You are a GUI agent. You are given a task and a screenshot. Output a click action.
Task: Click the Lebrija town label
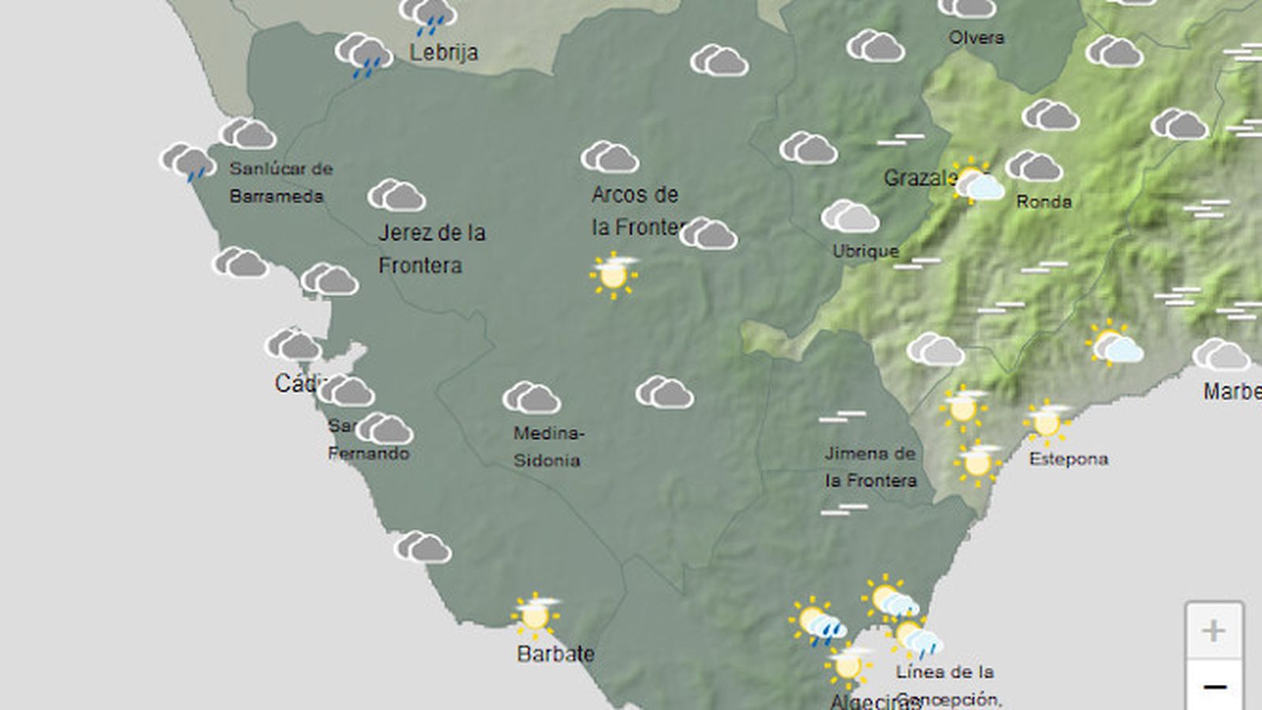click(443, 52)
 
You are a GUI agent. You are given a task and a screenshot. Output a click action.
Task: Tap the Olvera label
click(976, 37)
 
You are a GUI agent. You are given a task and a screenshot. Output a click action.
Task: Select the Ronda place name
click(1044, 202)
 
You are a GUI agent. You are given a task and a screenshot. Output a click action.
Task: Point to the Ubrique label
click(865, 251)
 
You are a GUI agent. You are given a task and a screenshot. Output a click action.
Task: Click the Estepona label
click(1068, 459)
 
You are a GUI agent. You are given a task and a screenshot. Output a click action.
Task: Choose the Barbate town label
click(555, 653)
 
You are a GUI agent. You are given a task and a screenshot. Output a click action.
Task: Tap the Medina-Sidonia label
click(548, 447)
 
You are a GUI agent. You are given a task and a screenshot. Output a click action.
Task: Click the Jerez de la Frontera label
click(431, 248)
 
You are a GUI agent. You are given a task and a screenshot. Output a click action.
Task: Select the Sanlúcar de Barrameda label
click(280, 182)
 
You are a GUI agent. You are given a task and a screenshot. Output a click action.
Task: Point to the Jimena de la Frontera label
click(871, 467)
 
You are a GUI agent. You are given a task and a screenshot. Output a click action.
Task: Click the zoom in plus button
click(1214, 630)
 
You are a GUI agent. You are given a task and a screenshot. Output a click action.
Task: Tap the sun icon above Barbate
click(536, 615)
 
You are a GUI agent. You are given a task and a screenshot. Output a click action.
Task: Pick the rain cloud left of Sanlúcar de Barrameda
click(188, 162)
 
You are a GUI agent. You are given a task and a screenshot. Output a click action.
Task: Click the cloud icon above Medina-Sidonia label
click(532, 398)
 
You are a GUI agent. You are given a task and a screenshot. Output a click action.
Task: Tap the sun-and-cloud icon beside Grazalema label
click(976, 183)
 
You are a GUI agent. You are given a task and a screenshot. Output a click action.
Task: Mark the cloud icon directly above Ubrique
click(849, 216)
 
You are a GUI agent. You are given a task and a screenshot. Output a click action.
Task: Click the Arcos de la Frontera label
click(636, 211)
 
